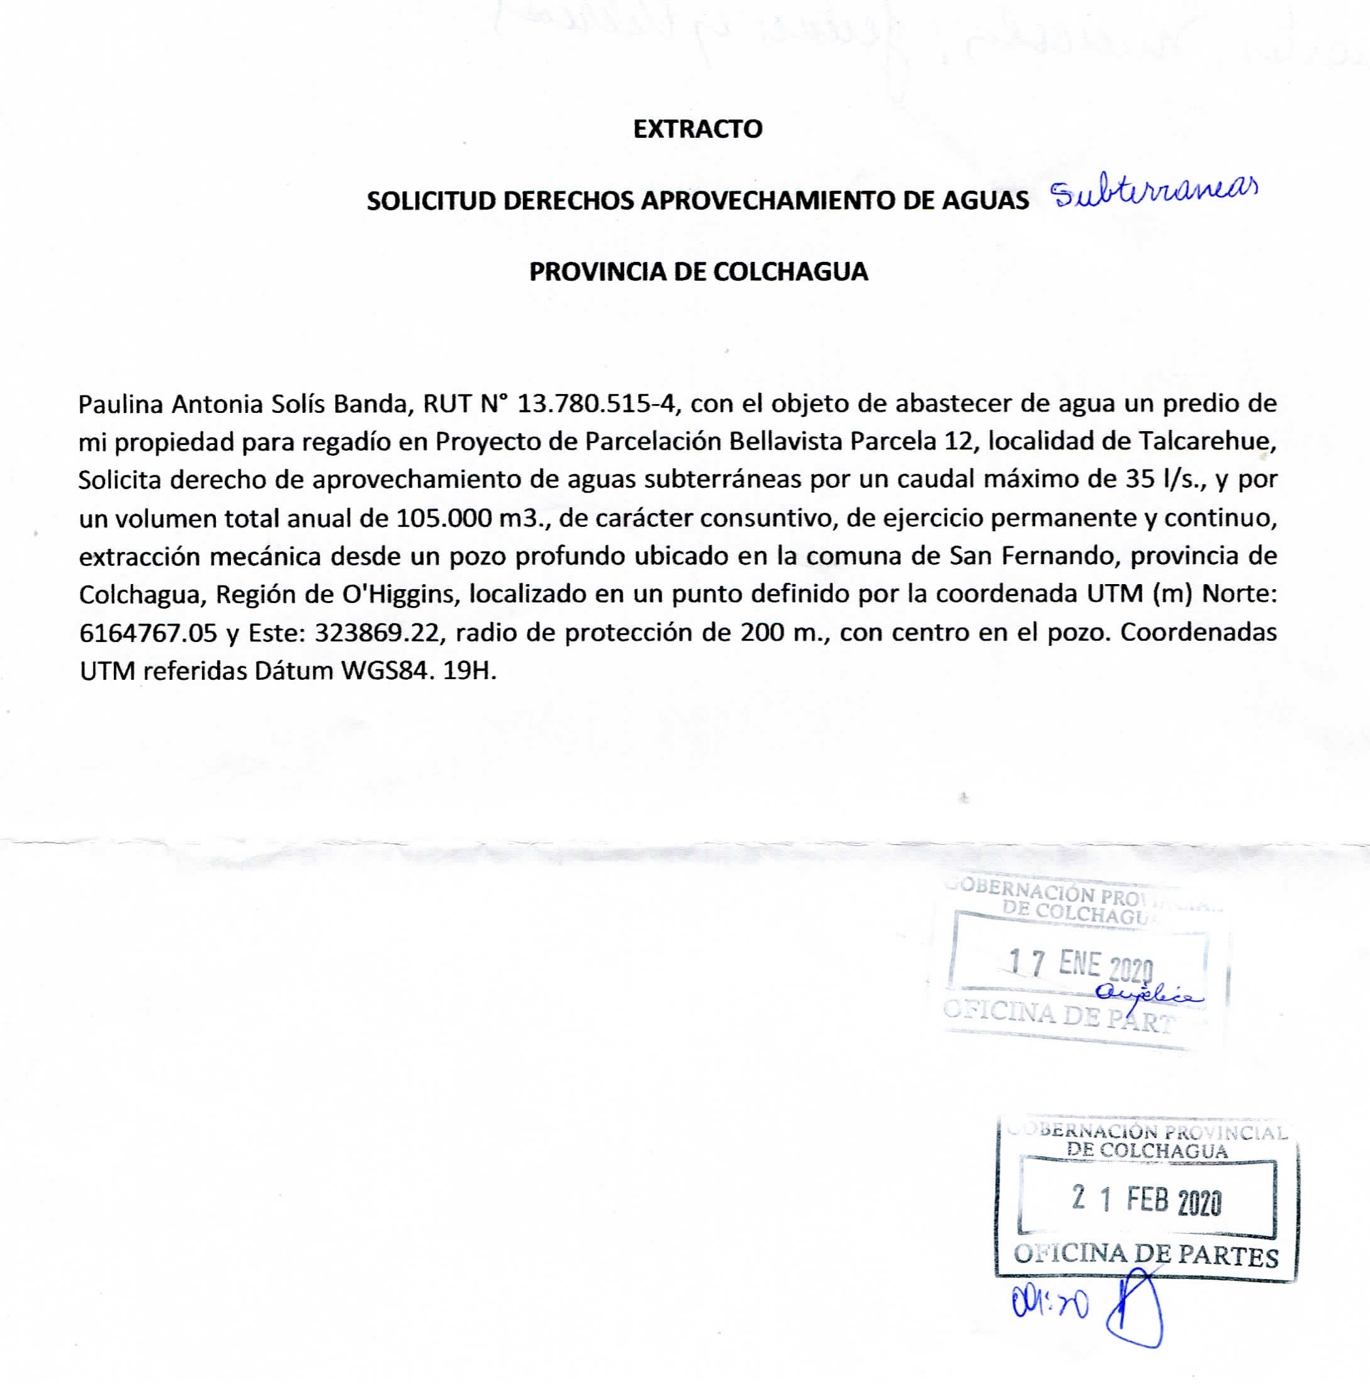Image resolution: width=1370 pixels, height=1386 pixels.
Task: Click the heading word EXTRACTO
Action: click(x=697, y=129)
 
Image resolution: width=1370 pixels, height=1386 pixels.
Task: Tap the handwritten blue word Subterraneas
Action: click(x=1154, y=194)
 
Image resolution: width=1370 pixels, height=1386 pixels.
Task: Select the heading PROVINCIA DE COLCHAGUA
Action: click(x=699, y=272)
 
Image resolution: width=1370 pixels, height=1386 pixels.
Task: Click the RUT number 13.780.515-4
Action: click(x=596, y=404)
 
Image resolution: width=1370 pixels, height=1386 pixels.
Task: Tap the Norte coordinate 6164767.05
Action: click(x=148, y=633)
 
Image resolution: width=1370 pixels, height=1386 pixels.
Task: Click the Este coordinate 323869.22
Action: click(x=380, y=633)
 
